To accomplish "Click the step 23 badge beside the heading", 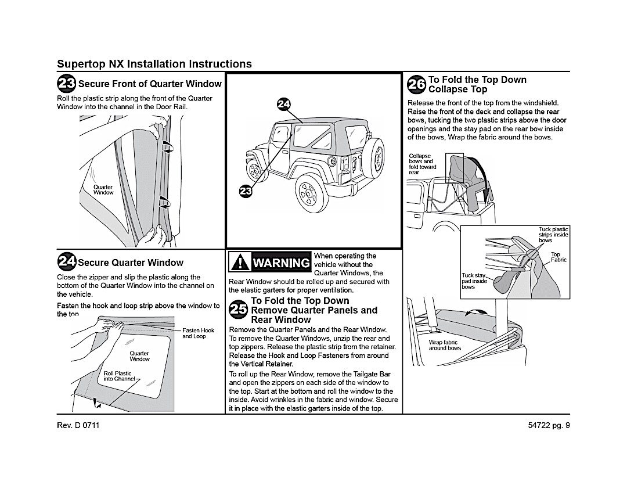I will click(x=66, y=84).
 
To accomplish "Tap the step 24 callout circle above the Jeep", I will click(x=283, y=104).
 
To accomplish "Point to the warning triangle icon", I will click(x=239, y=263).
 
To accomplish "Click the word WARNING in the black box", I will click(x=281, y=264).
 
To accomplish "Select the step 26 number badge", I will click(x=417, y=84).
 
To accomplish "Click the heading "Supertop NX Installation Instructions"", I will click(x=154, y=64).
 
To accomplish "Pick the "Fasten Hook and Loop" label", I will click(x=198, y=333).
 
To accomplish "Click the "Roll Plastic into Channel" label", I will click(x=118, y=376).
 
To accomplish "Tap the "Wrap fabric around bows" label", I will click(x=445, y=346).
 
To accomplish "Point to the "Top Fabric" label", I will click(x=558, y=257).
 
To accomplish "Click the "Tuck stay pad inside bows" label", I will click(x=474, y=281).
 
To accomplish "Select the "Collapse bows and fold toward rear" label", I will click(x=422, y=164).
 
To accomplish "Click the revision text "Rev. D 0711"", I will click(x=78, y=425).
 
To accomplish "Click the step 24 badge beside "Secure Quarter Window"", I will click(x=66, y=262).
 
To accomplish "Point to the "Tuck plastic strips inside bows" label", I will click(x=553, y=235).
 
